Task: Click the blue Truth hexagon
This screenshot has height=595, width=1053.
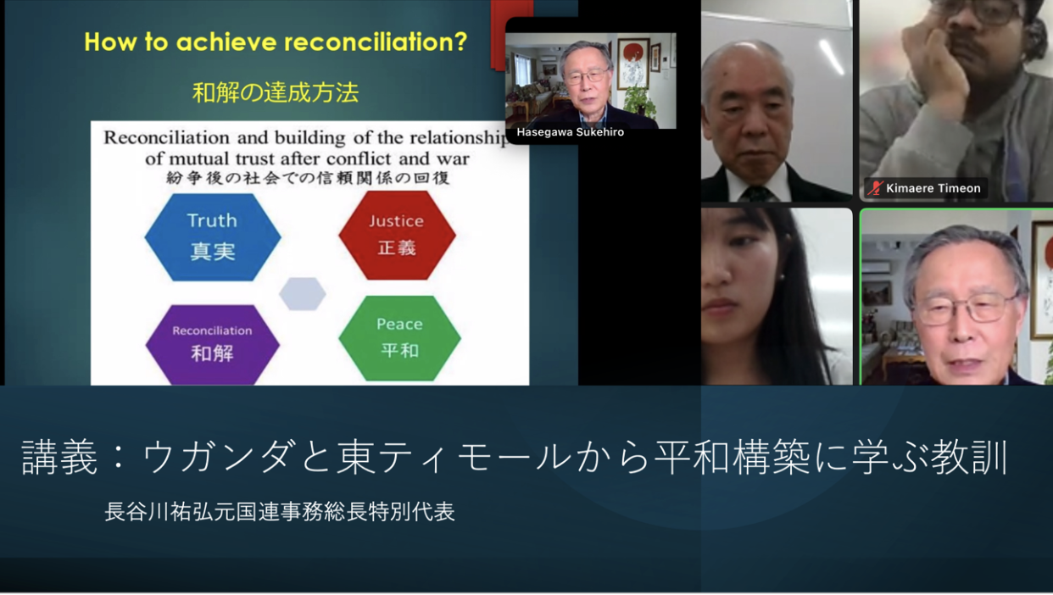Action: (213, 237)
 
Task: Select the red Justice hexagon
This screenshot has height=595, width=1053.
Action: (398, 235)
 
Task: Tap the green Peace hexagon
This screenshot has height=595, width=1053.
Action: (399, 338)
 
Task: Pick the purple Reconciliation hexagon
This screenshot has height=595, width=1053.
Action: (213, 345)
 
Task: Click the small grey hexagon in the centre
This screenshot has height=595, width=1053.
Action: (303, 294)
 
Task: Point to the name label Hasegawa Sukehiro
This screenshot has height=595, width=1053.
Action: (571, 132)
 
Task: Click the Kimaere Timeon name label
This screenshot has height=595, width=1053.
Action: (933, 188)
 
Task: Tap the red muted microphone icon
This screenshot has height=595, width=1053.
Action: (875, 188)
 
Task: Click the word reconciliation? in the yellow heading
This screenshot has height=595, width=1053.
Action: (376, 42)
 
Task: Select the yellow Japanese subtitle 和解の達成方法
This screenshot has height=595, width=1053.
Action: (276, 92)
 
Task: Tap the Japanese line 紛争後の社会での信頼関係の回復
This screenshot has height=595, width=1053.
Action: (308, 178)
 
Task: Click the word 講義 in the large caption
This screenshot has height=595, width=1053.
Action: (59, 457)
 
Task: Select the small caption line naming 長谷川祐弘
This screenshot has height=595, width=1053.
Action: (280, 512)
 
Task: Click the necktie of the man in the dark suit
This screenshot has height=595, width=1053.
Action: (757, 193)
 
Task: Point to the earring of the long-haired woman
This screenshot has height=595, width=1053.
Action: (782, 278)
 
